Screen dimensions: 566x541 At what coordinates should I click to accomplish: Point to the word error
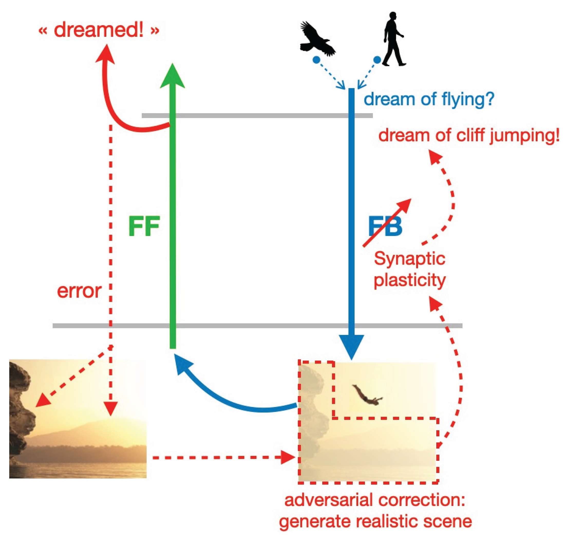click(79, 291)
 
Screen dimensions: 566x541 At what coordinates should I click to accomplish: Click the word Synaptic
click(409, 259)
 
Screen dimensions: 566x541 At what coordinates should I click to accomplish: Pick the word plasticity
click(409, 280)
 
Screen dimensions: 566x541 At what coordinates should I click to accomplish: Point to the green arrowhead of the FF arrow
click(172, 76)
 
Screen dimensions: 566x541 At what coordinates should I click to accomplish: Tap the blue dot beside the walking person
click(377, 60)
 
